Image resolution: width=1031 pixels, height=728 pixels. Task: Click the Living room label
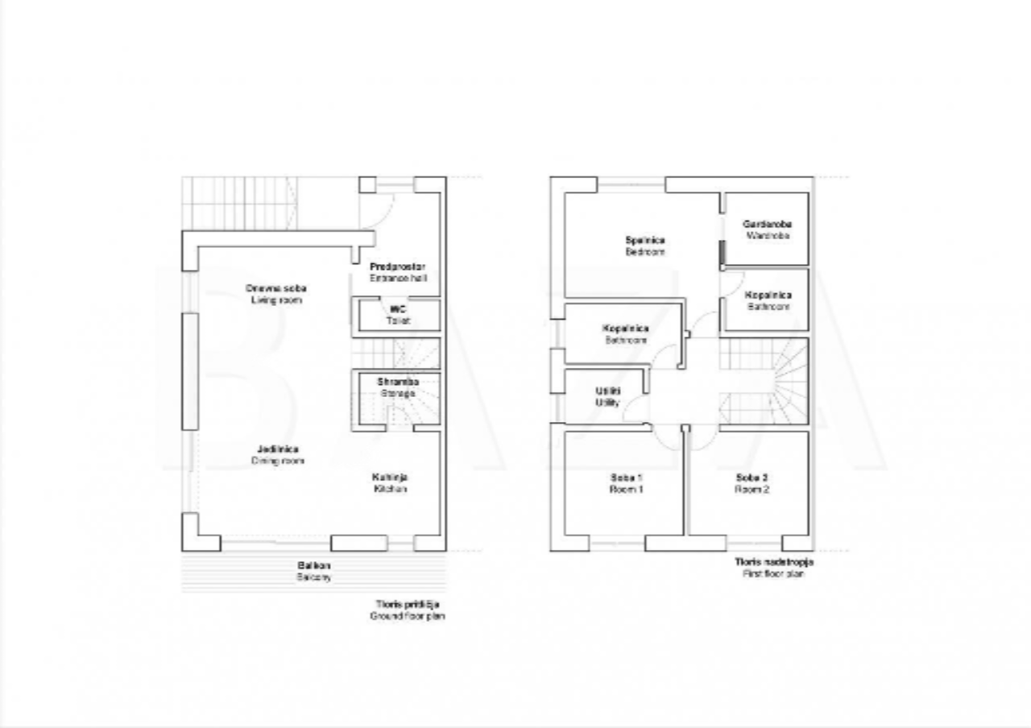[x=275, y=294]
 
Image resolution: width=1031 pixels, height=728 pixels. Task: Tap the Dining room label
[x=278, y=455]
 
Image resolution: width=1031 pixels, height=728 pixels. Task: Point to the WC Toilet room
[x=398, y=314]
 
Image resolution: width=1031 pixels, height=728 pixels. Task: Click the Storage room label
[x=398, y=387]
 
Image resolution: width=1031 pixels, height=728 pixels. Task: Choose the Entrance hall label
[x=398, y=272]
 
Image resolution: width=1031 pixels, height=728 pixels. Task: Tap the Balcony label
[x=313, y=572]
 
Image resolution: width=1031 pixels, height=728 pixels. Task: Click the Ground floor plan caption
[x=408, y=610]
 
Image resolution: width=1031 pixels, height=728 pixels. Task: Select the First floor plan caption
[x=773, y=568]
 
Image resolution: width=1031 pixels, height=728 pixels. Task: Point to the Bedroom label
[x=645, y=246]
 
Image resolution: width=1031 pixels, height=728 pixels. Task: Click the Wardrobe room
[x=767, y=230]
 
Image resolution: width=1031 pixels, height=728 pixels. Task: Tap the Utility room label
[x=607, y=396]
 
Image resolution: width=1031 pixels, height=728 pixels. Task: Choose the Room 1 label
[x=627, y=483]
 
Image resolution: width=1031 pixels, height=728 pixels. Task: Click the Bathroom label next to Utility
[x=625, y=334]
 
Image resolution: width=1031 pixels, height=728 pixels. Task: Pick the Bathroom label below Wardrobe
[x=768, y=300]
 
